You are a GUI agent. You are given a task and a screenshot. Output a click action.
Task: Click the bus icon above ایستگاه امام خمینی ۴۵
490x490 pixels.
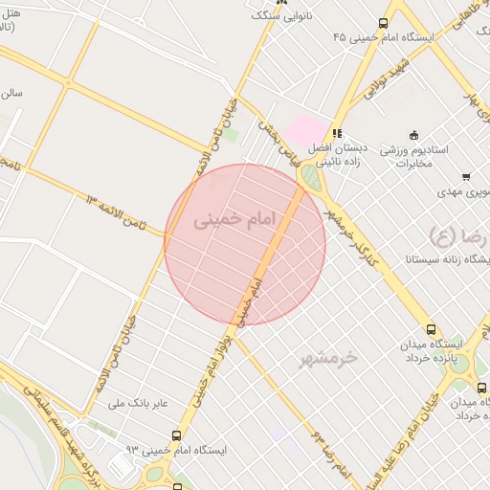(383, 23)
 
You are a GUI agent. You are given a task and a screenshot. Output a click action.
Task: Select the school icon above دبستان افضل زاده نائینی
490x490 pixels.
(337, 134)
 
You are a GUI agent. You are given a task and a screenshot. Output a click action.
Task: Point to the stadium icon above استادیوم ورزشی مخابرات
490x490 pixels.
(413, 134)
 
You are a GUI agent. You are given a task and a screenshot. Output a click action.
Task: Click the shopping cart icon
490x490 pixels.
(466, 176)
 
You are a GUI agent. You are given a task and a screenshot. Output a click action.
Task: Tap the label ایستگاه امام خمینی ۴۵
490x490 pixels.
(384, 36)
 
